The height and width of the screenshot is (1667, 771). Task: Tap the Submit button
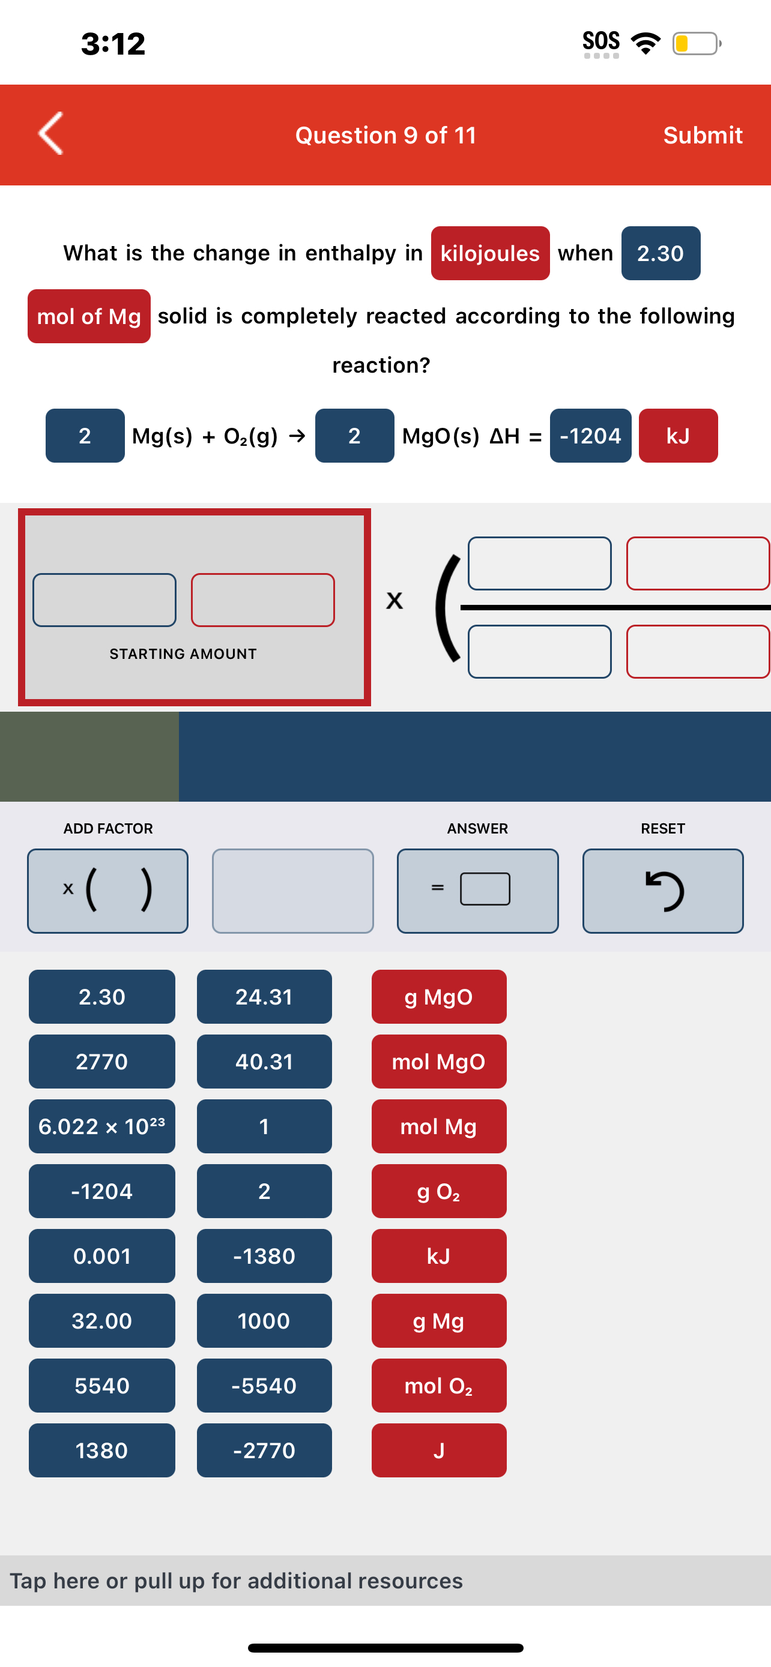(x=703, y=135)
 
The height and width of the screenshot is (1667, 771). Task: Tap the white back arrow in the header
(x=50, y=133)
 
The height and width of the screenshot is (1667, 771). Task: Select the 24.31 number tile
(x=264, y=997)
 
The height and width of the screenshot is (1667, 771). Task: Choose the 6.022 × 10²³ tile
(x=101, y=1126)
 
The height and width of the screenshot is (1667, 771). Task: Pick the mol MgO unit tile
(x=439, y=1062)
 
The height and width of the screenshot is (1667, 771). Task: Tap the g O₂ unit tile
(x=439, y=1191)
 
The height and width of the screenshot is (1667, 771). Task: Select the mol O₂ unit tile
(x=439, y=1385)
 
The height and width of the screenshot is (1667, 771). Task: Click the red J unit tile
(x=439, y=1450)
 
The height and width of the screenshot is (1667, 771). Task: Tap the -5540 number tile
(x=264, y=1385)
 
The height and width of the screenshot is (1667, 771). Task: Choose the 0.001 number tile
(x=101, y=1255)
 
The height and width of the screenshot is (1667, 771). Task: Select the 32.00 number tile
(x=101, y=1320)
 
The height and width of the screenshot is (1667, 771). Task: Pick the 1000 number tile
(x=264, y=1320)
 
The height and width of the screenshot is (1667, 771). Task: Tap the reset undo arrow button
(x=663, y=891)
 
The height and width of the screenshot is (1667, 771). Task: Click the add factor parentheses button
(x=107, y=891)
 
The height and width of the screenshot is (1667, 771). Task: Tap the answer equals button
(x=478, y=891)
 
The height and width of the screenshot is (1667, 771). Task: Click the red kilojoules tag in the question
(x=490, y=253)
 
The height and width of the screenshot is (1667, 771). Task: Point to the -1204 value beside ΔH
(x=590, y=436)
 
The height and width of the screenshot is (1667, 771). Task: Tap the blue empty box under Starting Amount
(x=104, y=600)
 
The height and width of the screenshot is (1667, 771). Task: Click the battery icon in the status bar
(x=697, y=43)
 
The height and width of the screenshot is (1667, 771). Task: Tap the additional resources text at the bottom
(x=237, y=1580)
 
